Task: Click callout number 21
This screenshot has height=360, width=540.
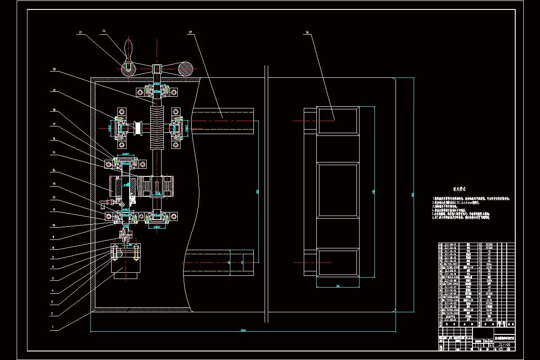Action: point(81,32)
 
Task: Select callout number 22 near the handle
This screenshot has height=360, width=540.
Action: point(103,31)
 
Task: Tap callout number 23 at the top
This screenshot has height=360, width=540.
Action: point(190,32)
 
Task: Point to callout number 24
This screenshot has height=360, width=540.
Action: point(307,32)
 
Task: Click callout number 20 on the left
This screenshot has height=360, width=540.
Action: point(54,69)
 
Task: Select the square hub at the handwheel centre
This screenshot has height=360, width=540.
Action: point(157,69)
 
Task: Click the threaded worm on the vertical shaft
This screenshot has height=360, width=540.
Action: point(157,128)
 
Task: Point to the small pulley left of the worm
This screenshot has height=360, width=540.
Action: point(138,128)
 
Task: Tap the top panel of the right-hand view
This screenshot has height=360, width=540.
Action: point(337,120)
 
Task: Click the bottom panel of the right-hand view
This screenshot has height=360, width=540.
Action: point(337,262)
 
